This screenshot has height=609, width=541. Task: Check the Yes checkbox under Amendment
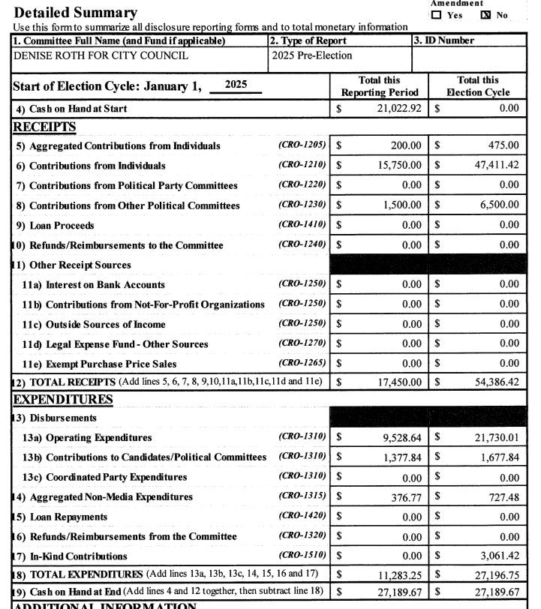[436, 15]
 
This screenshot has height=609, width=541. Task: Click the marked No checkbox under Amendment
[485, 15]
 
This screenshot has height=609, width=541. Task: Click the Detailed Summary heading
[76, 13]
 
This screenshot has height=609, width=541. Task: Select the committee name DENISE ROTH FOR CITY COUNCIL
[101, 55]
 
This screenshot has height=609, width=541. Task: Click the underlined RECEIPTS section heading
[44, 126]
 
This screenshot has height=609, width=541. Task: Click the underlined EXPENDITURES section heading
[62, 399]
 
